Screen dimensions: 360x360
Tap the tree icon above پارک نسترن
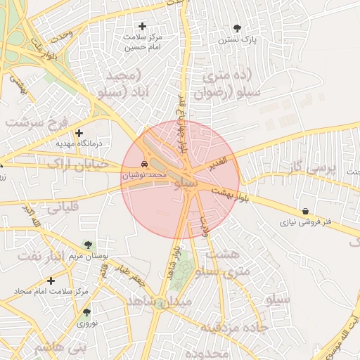point(236,29)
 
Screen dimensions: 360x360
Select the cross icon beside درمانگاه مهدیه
point(79,133)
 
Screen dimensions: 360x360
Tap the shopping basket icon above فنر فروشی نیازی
point(306,211)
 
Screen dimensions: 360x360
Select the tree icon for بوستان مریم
point(87,245)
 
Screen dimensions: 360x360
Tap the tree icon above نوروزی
point(86,313)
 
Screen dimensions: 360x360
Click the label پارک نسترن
point(236,40)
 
